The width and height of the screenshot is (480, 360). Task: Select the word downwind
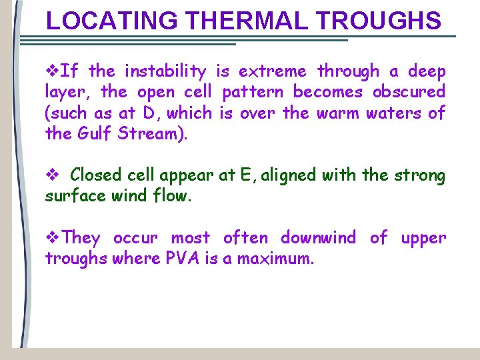pos(318,238)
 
